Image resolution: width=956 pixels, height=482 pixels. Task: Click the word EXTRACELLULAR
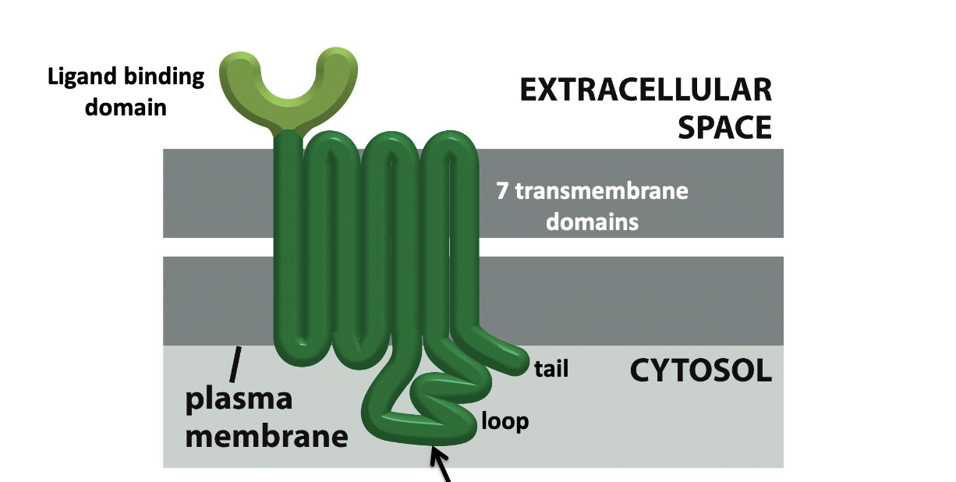coord(646,91)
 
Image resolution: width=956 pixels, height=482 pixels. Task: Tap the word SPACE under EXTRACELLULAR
coord(724,126)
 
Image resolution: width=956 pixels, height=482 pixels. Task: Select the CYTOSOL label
coord(700,371)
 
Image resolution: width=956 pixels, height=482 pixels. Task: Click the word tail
coord(551,369)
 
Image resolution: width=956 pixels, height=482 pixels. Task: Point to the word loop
coord(505,422)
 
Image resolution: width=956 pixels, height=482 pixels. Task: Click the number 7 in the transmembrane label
coord(504,190)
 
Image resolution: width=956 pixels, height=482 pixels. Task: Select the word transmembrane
coord(601,190)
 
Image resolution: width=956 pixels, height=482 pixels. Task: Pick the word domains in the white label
coord(592,222)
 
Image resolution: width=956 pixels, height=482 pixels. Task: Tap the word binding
coord(165,78)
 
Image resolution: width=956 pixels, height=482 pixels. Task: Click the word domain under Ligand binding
coord(126,107)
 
